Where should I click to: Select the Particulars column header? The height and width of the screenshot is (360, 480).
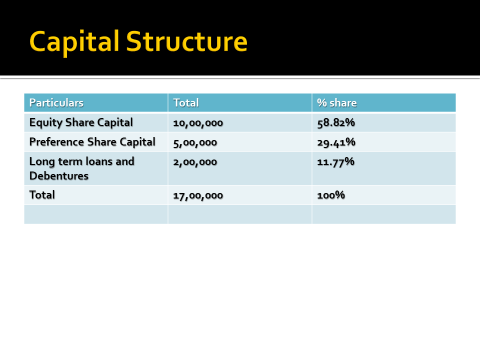[x=56, y=103]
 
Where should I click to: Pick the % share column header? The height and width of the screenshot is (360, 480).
[x=336, y=103]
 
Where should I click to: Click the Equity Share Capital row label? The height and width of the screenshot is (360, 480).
[x=80, y=122]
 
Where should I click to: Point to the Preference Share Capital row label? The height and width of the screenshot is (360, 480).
[x=92, y=142]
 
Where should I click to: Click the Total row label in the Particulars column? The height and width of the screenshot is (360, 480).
[x=43, y=194]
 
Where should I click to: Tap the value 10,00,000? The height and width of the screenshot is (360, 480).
[x=198, y=123]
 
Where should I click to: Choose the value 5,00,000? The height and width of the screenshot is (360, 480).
[x=195, y=143]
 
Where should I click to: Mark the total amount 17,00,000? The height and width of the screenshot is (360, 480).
[x=198, y=195]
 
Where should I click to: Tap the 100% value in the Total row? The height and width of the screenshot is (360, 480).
[x=330, y=195]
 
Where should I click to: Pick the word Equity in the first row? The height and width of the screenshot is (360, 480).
[x=46, y=122]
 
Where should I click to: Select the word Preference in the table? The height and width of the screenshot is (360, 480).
[x=59, y=142]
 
